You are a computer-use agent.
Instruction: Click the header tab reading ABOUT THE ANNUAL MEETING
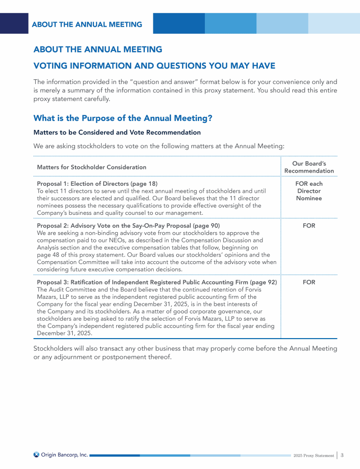pyautogui.click(x=87, y=24)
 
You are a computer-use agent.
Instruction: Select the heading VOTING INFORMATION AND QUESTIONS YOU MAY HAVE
pyautogui.click(x=154, y=65)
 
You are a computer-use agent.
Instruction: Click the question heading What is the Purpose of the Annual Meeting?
pyautogui.click(x=123, y=118)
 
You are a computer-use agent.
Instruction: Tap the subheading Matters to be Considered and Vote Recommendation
pyautogui.click(x=117, y=133)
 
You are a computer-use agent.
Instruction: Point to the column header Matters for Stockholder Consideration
pyautogui.click(x=91, y=167)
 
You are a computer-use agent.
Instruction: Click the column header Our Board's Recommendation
pyautogui.click(x=309, y=167)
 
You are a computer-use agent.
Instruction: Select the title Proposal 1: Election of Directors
pyautogui.click(x=81, y=183)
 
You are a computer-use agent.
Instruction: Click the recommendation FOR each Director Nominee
pyautogui.click(x=309, y=191)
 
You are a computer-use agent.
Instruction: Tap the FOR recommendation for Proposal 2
pyautogui.click(x=309, y=226)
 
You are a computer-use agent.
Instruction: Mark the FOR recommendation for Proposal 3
pyautogui.click(x=309, y=282)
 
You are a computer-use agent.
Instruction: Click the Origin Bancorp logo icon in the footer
pyautogui.click(x=37, y=454)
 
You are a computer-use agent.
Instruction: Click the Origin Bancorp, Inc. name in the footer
pyautogui.click(x=65, y=454)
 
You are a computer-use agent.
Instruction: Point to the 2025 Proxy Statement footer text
pyautogui.click(x=314, y=455)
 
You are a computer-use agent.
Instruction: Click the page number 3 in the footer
pyautogui.click(x=343, y=455)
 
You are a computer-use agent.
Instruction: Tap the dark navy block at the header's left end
pyautogui.click(x=14, y=23)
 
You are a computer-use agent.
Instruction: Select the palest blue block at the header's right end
pyautogui.click(x=334, y=23)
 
